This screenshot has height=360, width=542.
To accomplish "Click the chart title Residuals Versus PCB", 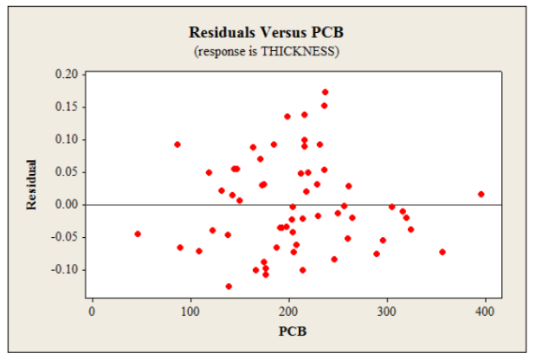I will coord(272,33).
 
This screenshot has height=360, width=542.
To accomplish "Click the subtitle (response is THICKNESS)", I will coord(272,51).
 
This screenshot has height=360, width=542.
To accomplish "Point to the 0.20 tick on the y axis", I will coord(65,74).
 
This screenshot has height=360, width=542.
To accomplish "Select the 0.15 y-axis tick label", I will coord(65,106).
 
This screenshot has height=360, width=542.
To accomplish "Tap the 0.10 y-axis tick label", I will coord(65,139).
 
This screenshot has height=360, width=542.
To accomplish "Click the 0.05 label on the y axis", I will coord(65,172).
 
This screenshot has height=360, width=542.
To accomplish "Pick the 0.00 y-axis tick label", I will coord(65,205).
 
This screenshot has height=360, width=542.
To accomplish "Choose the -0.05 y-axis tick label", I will coord(62,237).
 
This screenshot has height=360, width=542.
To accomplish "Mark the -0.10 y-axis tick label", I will coord(62,270).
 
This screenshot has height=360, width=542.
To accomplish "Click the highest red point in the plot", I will coord(325,92).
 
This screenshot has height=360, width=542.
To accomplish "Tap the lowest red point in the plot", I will coord(229,286).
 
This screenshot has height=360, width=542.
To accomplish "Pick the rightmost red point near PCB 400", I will coord(481,195).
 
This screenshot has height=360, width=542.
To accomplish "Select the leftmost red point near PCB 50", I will coord(138,234).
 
